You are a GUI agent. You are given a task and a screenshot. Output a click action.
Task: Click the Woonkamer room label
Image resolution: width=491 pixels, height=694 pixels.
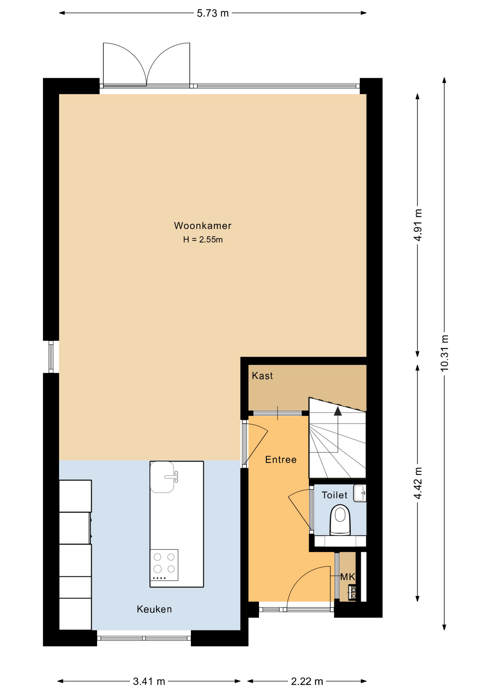pyautogui.click(x=202, y=226)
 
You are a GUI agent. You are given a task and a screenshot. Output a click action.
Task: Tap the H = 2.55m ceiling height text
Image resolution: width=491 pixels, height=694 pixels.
pyautogui.click(x=203, y=240)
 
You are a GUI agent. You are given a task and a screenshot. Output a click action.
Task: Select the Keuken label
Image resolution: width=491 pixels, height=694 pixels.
pyautogui.click(x=154, y=609)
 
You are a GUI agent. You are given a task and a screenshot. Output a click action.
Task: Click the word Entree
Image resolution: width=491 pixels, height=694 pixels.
pyautogui.click(x=281, y=459)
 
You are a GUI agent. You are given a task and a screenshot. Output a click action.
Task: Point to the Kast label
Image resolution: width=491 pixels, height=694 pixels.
pyautogui.click(x=262, y=376)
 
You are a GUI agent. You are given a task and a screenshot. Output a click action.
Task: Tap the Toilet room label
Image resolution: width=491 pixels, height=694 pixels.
pyautogui.click(x=334, y=495)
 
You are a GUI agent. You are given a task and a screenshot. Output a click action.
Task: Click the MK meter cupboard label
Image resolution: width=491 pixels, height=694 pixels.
pyautogui.click(x=348, y=577)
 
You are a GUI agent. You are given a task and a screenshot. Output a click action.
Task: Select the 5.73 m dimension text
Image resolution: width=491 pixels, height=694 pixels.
pyautogui.click(x=213, y=13)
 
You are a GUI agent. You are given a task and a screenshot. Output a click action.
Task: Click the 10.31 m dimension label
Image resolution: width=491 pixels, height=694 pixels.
pyautogui.click(x=444, y=353)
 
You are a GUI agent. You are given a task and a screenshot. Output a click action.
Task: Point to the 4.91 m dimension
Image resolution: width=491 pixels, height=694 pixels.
pyautogui.click(x=418, y=225)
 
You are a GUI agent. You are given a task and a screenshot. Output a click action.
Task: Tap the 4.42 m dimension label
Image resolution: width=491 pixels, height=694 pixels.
pyautogui.click(x=418, y=483)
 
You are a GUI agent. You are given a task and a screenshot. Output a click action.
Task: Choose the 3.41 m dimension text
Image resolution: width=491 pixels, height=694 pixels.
pyautogui.click(x=149, y=682)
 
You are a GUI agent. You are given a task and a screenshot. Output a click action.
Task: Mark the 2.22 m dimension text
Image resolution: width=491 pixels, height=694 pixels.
pyautogui.click(x=307, y=682)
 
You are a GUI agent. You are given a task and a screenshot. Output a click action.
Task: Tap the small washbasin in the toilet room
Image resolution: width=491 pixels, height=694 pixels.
pyautogui.click(x=360, y=493)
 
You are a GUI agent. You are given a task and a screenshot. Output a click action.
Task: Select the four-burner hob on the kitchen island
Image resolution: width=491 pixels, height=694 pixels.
pyautogui.click(x=164, y=565)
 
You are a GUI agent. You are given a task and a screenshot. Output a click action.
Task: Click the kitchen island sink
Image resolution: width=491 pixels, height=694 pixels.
pyautogui.click(x=163, y=477)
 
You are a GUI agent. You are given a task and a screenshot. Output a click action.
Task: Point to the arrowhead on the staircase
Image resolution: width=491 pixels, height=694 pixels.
pyautogui.click(x=338, y=411)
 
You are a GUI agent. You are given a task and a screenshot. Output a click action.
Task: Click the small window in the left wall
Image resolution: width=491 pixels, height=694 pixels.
pyautogui.click(x=51, y=357)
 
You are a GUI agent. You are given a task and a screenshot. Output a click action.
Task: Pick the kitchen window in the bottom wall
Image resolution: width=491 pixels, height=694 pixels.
pyautogui.click(x=144, y=638)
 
